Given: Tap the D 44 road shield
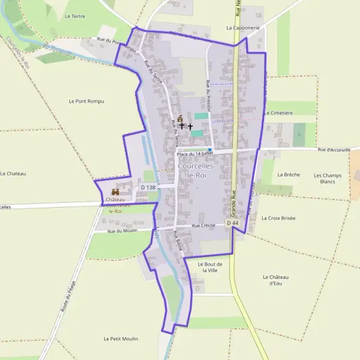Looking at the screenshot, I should pos(233,223).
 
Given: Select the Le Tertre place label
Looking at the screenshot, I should pos(74,16).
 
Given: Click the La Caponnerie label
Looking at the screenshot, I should pos(243,28).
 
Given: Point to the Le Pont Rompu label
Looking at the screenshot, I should pos(86,101).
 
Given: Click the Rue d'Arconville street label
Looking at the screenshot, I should pos(334,150).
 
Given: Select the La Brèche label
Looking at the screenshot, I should pos(289,175).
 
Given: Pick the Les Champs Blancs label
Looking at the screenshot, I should pos(328,178).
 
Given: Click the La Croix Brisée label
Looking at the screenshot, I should pos(278,218).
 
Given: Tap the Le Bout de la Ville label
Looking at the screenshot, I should pos(210,267).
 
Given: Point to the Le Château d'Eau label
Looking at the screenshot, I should pos(276,280).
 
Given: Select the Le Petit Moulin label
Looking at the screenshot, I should pos(121,339).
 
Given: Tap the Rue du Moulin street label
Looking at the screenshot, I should pos(122,231).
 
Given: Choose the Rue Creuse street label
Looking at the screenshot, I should pos(203,226).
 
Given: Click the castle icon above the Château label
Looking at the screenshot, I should pos(115,191).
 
